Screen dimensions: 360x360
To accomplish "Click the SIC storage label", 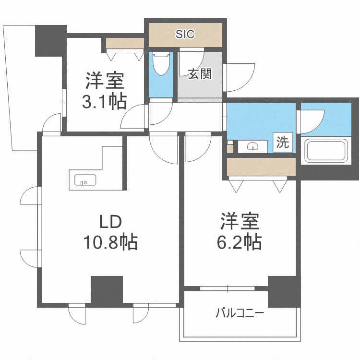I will point(185,34).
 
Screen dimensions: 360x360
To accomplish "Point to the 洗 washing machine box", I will point(283,142).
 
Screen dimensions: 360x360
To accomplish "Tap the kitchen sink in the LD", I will point(85,180).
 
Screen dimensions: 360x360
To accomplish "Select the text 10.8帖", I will point(112,243).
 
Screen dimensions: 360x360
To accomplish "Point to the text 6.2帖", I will point(240,242).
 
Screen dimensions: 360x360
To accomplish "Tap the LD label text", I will point(112,222).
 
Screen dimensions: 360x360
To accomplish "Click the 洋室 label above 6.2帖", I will point(240,222).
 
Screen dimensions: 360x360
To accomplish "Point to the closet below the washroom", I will point(261,167).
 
